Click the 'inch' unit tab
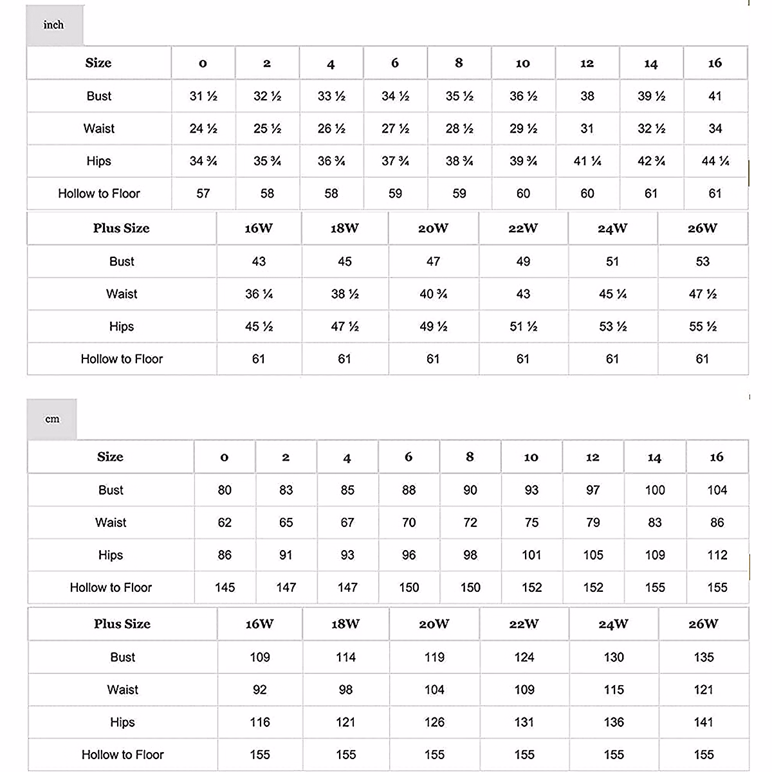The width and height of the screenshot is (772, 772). tap(54, 25)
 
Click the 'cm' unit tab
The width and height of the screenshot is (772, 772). tap(52, 419)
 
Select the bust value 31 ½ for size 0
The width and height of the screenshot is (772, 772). tap(203, 96)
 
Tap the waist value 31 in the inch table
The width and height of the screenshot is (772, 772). tap(587, 129)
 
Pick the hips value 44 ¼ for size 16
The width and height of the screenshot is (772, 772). tap(715, 161)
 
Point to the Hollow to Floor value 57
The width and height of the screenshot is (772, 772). tap(203, 194)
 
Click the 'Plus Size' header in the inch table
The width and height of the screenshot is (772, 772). tap(121, 228)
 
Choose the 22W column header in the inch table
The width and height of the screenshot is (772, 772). tap(523, 228)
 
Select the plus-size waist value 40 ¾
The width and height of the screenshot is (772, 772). tap(433, 294)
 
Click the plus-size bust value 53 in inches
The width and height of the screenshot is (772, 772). tap(703, 262)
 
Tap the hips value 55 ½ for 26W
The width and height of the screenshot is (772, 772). tap(703, 327)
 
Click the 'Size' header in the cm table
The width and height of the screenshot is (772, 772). tap(110, 457)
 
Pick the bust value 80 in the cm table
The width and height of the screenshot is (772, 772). tap(225, 490)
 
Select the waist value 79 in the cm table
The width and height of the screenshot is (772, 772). tap(593, 522)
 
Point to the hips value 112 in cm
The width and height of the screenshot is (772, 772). tap(717, 555)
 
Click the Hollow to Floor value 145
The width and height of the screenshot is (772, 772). tap(225, 587)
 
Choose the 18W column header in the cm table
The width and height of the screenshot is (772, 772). tap(345, 624)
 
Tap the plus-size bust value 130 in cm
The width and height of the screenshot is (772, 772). tap(614, 657)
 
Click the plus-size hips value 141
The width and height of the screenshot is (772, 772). tap(704, 722)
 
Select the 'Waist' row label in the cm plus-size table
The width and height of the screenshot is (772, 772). tap(122, 690)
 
